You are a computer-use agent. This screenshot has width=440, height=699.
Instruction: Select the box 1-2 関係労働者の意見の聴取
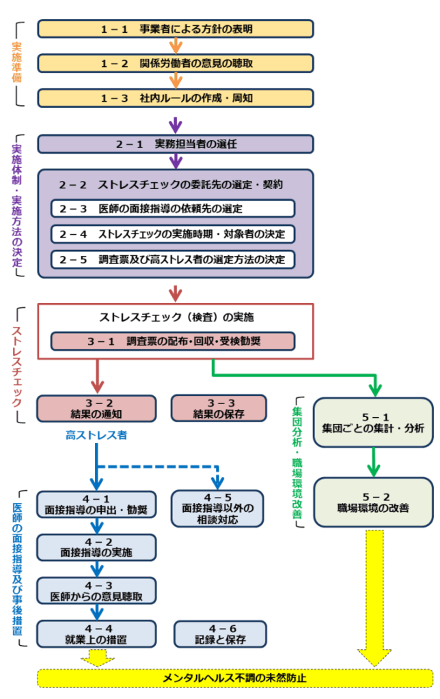pyautogui.click(x=176, y=63)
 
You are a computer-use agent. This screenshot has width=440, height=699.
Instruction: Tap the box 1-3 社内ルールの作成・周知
pyautogui.click(x=176, y=98)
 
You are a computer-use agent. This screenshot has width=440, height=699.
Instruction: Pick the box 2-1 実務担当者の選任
pyautogui.click(x=176, y=144)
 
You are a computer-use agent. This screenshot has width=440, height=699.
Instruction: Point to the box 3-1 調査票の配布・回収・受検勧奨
pyautogui.click(x=173, y=341)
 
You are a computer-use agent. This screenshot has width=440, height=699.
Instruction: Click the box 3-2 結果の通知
pyautogui.click(x=96, y=408)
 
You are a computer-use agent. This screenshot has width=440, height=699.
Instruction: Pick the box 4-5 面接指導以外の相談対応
pyautogui.click(x=217, y=509)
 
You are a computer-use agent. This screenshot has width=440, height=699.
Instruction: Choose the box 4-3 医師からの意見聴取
pyautogui.click(x=96, y=591)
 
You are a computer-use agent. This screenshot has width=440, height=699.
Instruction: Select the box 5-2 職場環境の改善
pyautogui.click(x=373, y=502)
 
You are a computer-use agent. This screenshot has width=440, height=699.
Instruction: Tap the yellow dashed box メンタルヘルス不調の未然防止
pyautogui.click(x=234, y=679)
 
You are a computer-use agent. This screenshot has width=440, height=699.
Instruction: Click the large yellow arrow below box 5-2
pyautogui.click(x=373, y=594)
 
